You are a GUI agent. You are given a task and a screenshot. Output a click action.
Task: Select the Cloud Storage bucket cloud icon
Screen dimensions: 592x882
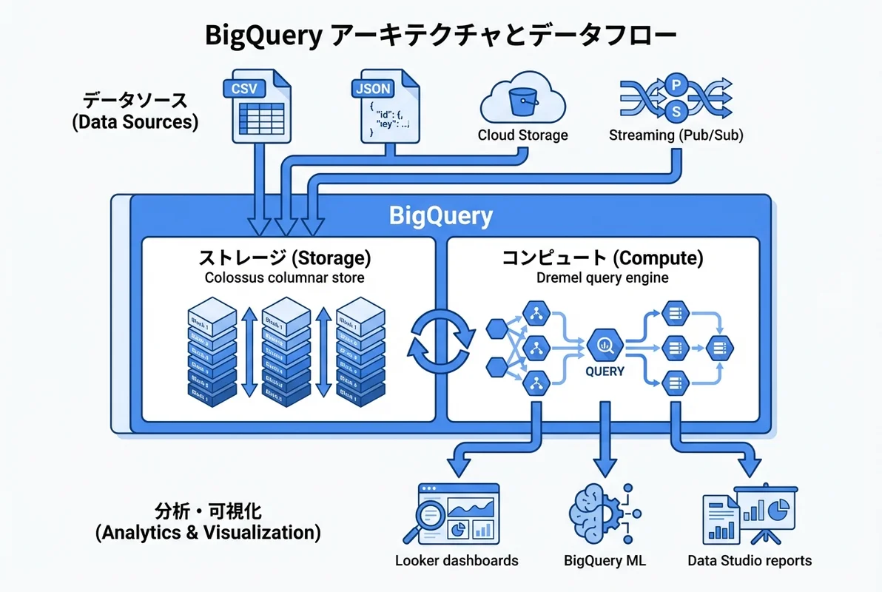coord(523,100)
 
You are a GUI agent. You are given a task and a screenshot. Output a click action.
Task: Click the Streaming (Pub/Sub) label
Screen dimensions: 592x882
coord(676,135)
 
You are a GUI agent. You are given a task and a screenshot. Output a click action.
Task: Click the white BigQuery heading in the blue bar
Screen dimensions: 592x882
coord(441,216)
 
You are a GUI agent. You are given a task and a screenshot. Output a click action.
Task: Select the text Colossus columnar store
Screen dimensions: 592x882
coord(285,278)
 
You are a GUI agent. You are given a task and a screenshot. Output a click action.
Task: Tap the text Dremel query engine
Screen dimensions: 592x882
coord(602,278)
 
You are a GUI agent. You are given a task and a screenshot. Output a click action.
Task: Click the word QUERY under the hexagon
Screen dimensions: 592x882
coord(605,371)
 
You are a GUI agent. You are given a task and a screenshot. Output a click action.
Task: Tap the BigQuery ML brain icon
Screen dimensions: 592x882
coord(596,512)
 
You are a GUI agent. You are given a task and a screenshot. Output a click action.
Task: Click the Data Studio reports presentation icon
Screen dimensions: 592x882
coord(749,512)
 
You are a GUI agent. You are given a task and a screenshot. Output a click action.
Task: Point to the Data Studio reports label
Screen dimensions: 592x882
coord(749,560)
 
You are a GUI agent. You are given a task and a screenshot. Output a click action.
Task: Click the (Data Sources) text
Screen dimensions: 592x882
coord(135,122)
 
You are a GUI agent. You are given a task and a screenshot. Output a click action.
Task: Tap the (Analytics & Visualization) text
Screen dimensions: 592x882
coord(208,532)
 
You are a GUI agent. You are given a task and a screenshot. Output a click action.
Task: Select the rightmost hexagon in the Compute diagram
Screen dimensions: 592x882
coord(718,346)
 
